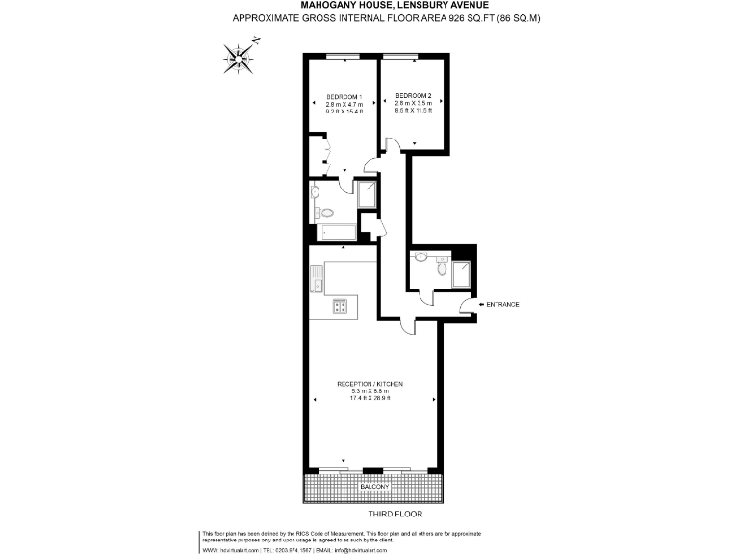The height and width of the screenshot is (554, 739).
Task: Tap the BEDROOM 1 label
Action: coord(344,97)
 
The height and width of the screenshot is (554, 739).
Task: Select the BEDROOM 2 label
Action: coord(414,95)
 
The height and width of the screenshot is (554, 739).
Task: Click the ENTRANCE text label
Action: coord(502,305)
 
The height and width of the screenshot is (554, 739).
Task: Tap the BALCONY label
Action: coord(374,487)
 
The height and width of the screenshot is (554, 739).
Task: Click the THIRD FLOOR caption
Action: coord(396,514)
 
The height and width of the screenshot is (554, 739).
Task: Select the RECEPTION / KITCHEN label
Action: coord(369,384)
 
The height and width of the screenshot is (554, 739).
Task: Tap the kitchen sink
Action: coord(316,282)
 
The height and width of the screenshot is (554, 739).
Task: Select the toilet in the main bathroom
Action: coord(326,213)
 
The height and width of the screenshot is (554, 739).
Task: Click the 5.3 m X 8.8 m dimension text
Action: coord(369,391)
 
